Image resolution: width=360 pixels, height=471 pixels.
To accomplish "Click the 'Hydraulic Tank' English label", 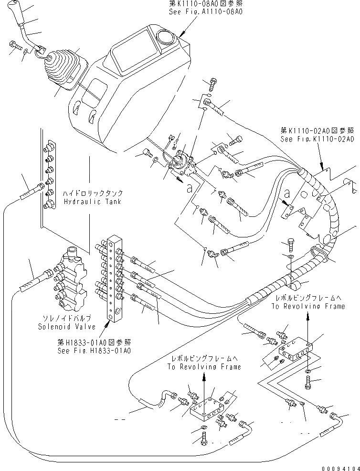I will pos(92,202).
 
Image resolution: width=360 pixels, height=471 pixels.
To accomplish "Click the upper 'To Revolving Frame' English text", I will pos(307,306).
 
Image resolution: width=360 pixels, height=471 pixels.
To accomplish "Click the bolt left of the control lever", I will pos(13,46).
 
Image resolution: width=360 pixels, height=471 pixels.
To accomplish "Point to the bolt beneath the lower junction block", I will pos(204,437).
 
